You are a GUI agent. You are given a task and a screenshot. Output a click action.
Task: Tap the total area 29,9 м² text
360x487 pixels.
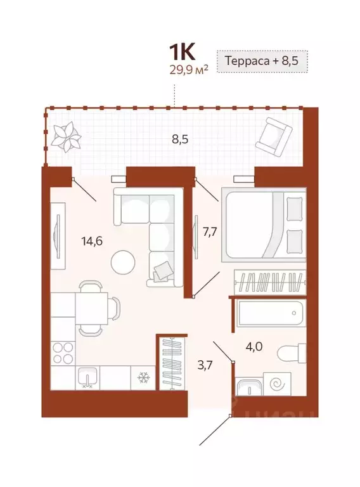coord(178,68)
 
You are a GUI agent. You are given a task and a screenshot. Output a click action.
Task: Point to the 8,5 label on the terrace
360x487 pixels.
coord(180,139)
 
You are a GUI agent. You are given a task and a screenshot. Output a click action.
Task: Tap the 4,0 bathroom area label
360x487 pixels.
coord(255,346)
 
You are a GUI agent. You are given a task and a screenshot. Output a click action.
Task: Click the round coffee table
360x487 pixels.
coord(122,261)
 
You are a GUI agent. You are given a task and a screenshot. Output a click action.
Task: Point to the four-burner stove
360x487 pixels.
coord(63,353)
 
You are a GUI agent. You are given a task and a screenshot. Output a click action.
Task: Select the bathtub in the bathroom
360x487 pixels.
coord(269,315)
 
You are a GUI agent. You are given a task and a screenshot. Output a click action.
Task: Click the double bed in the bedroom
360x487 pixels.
coord(263,225)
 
